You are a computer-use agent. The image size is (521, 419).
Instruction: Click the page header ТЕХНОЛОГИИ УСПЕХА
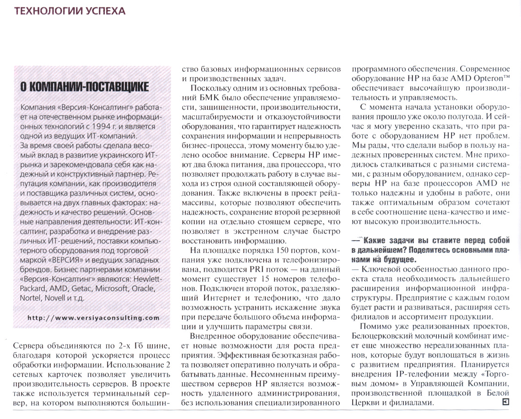point(70,11)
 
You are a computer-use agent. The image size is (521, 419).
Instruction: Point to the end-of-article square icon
point(505,402)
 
